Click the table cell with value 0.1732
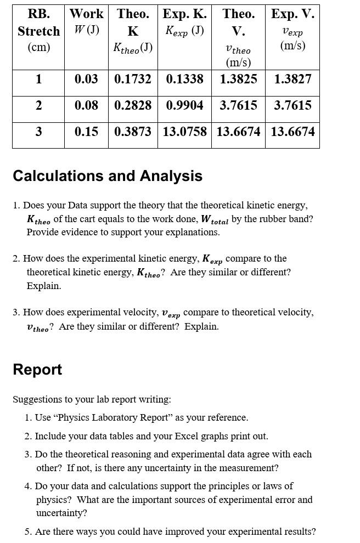pos(133,79)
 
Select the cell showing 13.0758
pos(184,132)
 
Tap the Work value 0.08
pos(86,105)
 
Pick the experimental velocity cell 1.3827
pos(292,79)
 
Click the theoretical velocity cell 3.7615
pos(238,105)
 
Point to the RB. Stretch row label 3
pos(38,132)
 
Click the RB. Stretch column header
pos(38,30)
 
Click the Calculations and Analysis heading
pos(108,176)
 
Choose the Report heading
pos(37,370)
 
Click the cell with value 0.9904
pos(184,105)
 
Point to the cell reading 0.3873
pos(133,132)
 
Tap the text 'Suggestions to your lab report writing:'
pos(92,399)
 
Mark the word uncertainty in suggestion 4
pos(61,513)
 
